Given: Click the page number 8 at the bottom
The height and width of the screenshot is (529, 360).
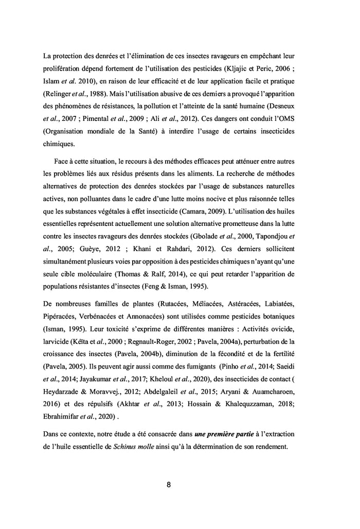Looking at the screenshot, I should (x=169, y=485).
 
